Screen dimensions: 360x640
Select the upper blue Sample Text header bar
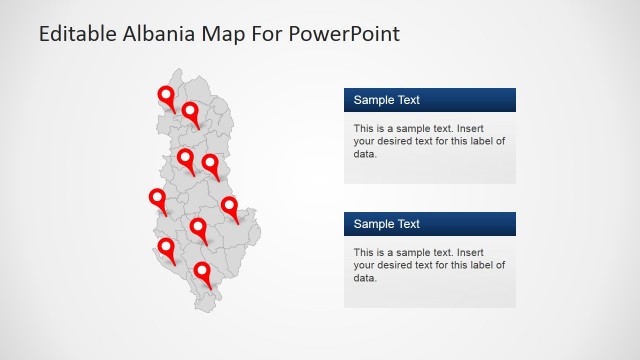point(430,100)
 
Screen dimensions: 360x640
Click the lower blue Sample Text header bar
point(430,224)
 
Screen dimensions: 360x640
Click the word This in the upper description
point(364,128)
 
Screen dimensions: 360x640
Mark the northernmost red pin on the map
point(166,96)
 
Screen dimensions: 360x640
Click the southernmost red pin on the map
point(203,271)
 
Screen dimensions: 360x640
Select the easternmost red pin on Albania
point(230,207)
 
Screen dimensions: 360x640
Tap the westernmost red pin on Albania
point(157,198)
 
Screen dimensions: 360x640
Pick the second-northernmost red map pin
point(189,111)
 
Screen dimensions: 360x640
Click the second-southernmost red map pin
point(166,247)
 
